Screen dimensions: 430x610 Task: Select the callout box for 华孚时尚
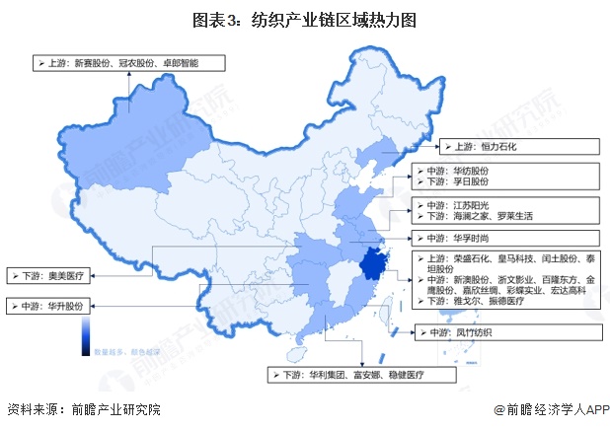(503, 238)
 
